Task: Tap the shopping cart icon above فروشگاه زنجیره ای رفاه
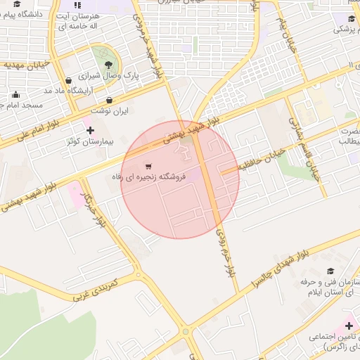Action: [x=147, y=166]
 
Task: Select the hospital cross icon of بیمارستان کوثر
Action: [x=90, y=130]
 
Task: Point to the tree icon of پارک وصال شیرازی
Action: [x=108, y=64]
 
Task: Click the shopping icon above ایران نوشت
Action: [x=110, y=100]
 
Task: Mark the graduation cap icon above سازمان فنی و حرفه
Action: [x=330, y=271]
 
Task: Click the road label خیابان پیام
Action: [x=286, y=36]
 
